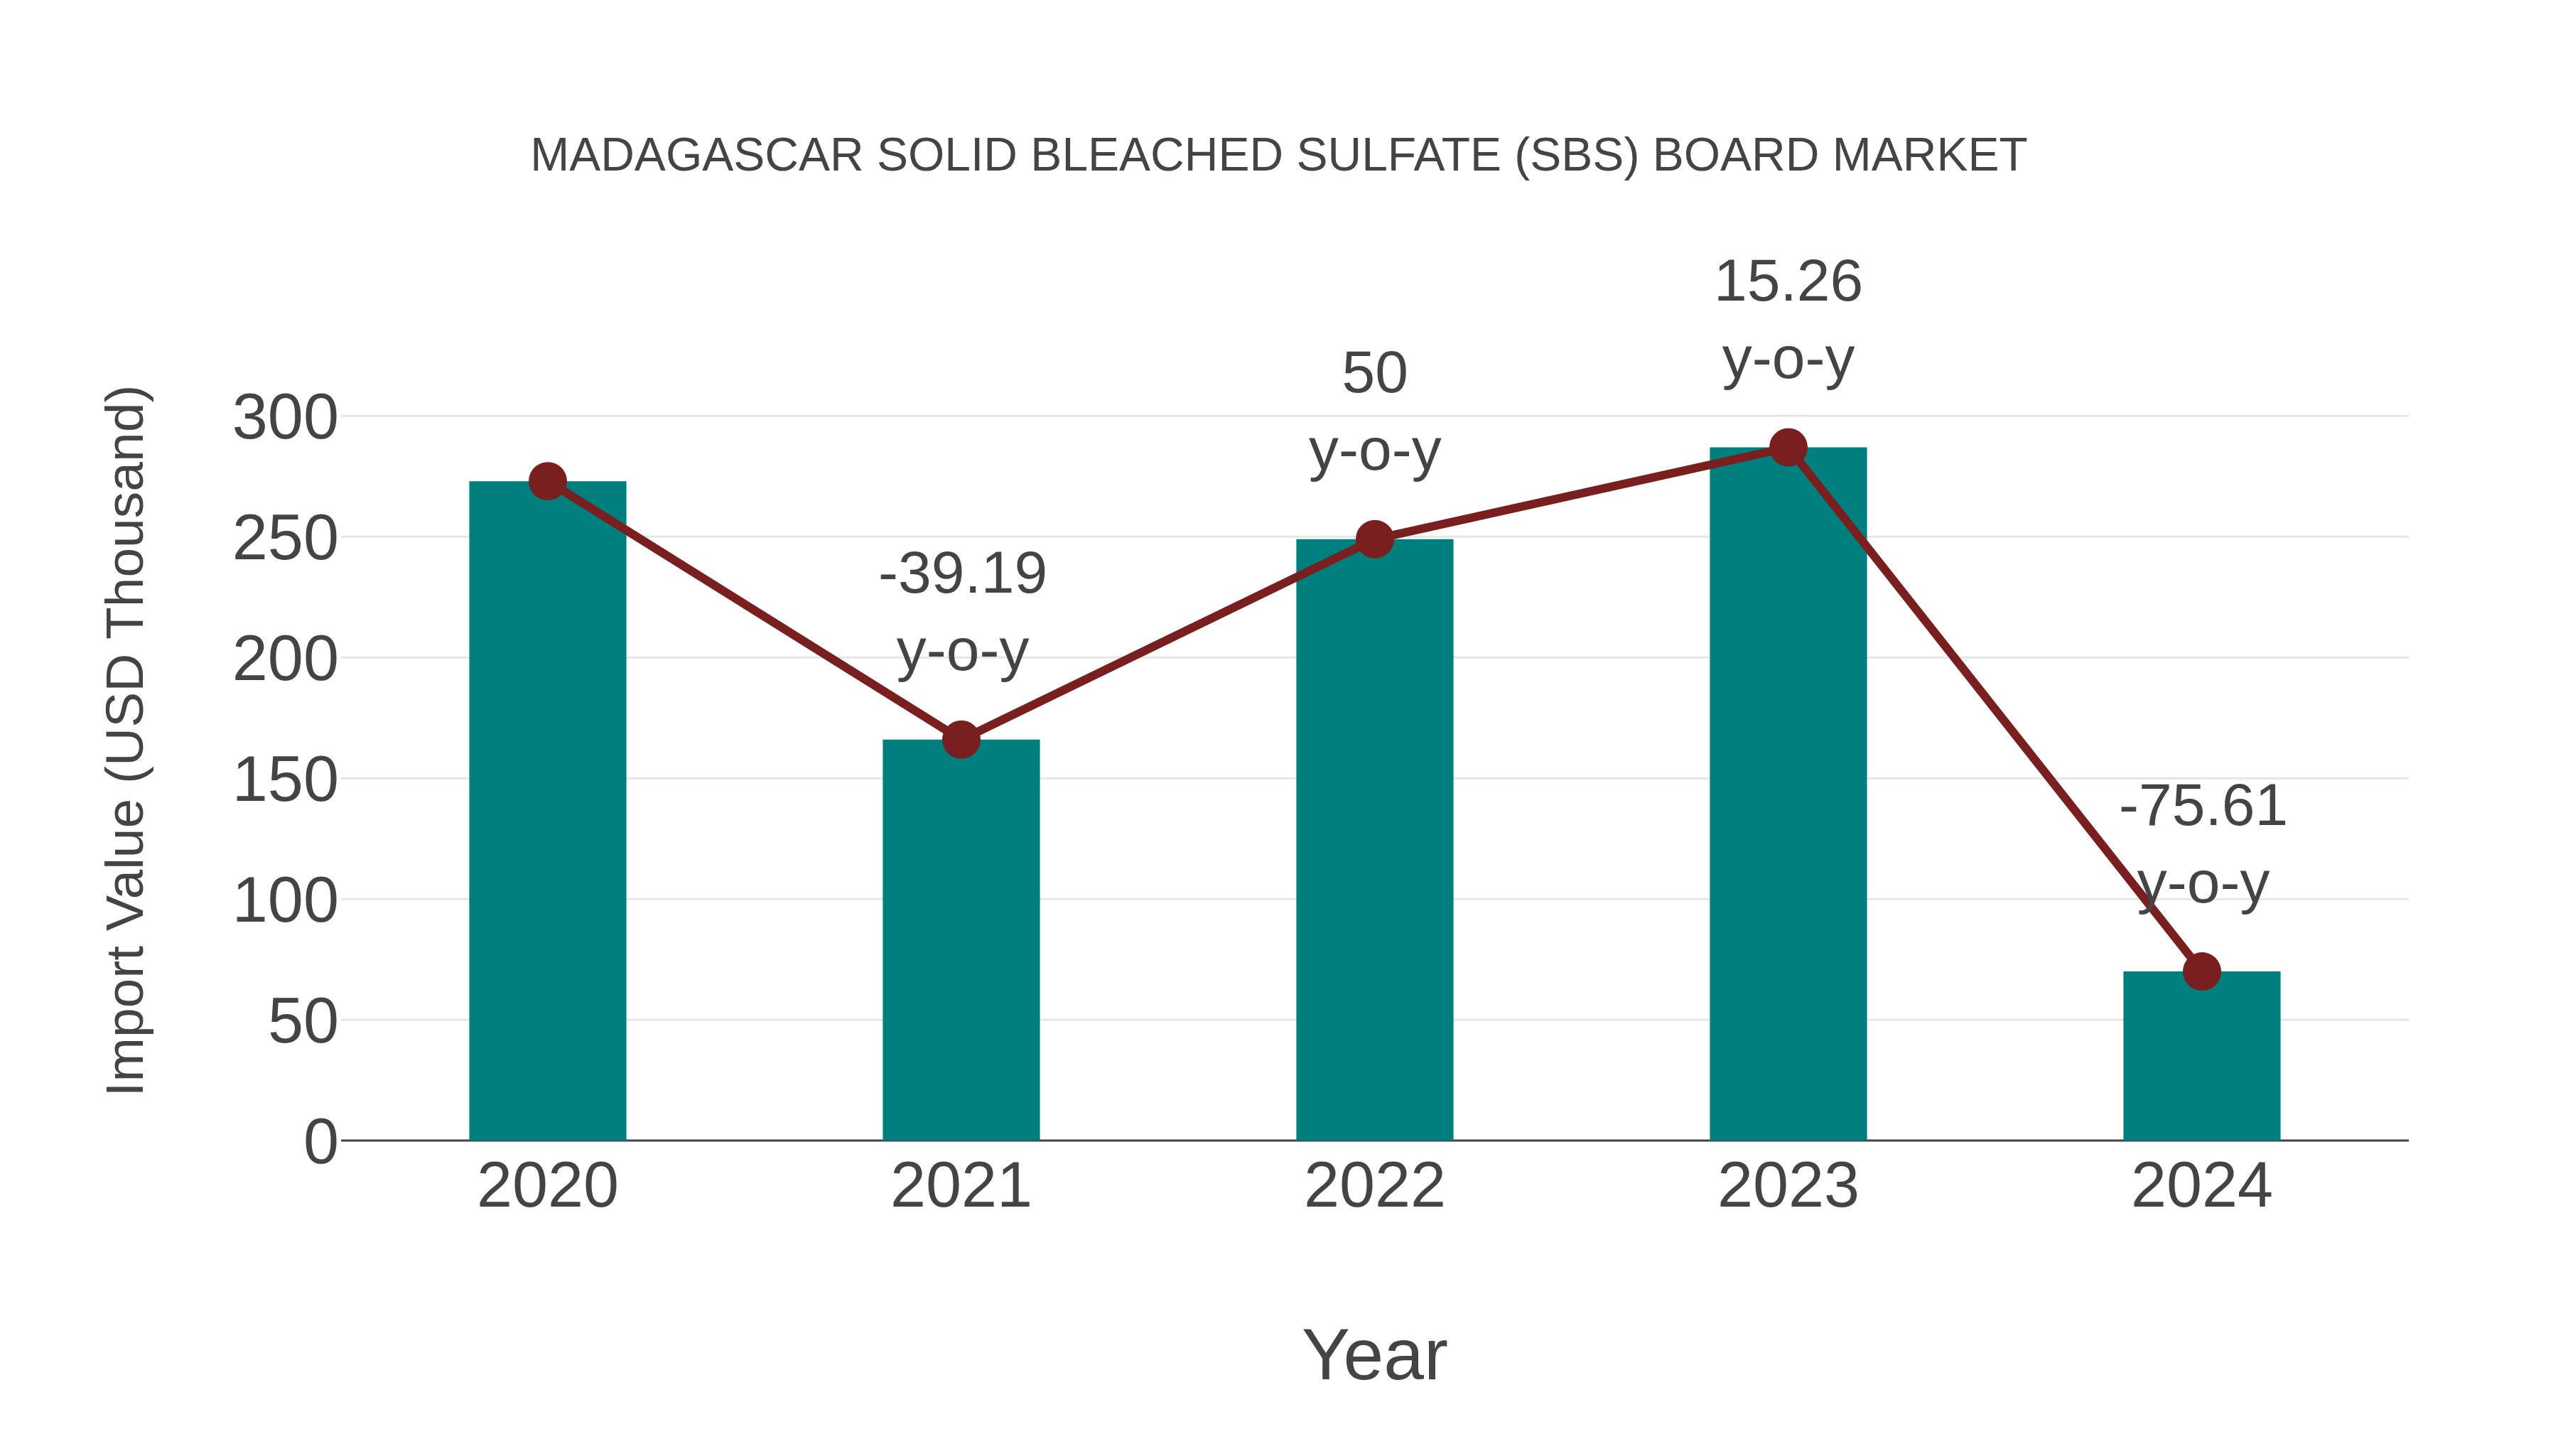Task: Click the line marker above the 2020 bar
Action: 547,482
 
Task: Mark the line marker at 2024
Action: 2201,971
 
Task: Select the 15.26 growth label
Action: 1788,282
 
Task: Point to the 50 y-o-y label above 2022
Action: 1374,412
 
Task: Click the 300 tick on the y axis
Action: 285,418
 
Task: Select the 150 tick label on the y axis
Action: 285,780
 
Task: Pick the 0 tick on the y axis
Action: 320,1142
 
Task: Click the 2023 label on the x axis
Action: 1788,1186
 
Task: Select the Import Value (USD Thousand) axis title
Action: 127,740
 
